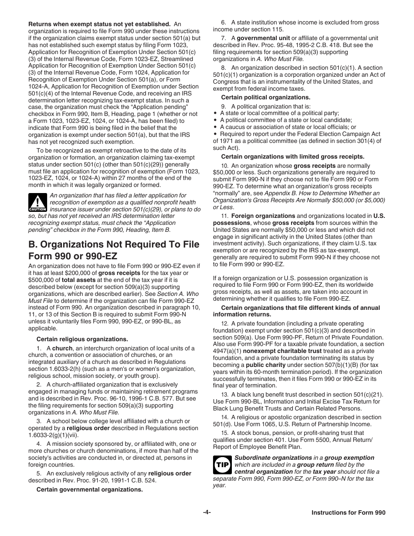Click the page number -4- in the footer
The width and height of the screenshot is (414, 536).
click(207, 512)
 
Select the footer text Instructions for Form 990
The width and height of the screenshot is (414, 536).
click(348, 513)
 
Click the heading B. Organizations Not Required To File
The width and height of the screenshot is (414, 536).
click(114, 244)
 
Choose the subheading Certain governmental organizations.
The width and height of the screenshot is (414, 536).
click(89, 489)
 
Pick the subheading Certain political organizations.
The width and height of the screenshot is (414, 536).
click(265, 97)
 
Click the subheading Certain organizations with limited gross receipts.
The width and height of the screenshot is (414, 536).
click(292, 156)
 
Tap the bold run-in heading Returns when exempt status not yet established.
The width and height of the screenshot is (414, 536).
click(99, 24)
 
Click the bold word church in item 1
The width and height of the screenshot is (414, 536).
click(63, 348)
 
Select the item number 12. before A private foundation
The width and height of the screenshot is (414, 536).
click(225, 324)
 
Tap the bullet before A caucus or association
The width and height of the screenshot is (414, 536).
click(216, 127)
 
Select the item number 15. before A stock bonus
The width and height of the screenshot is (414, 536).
click(225, 433)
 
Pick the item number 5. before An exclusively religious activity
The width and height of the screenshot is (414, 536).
click(39, 474)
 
